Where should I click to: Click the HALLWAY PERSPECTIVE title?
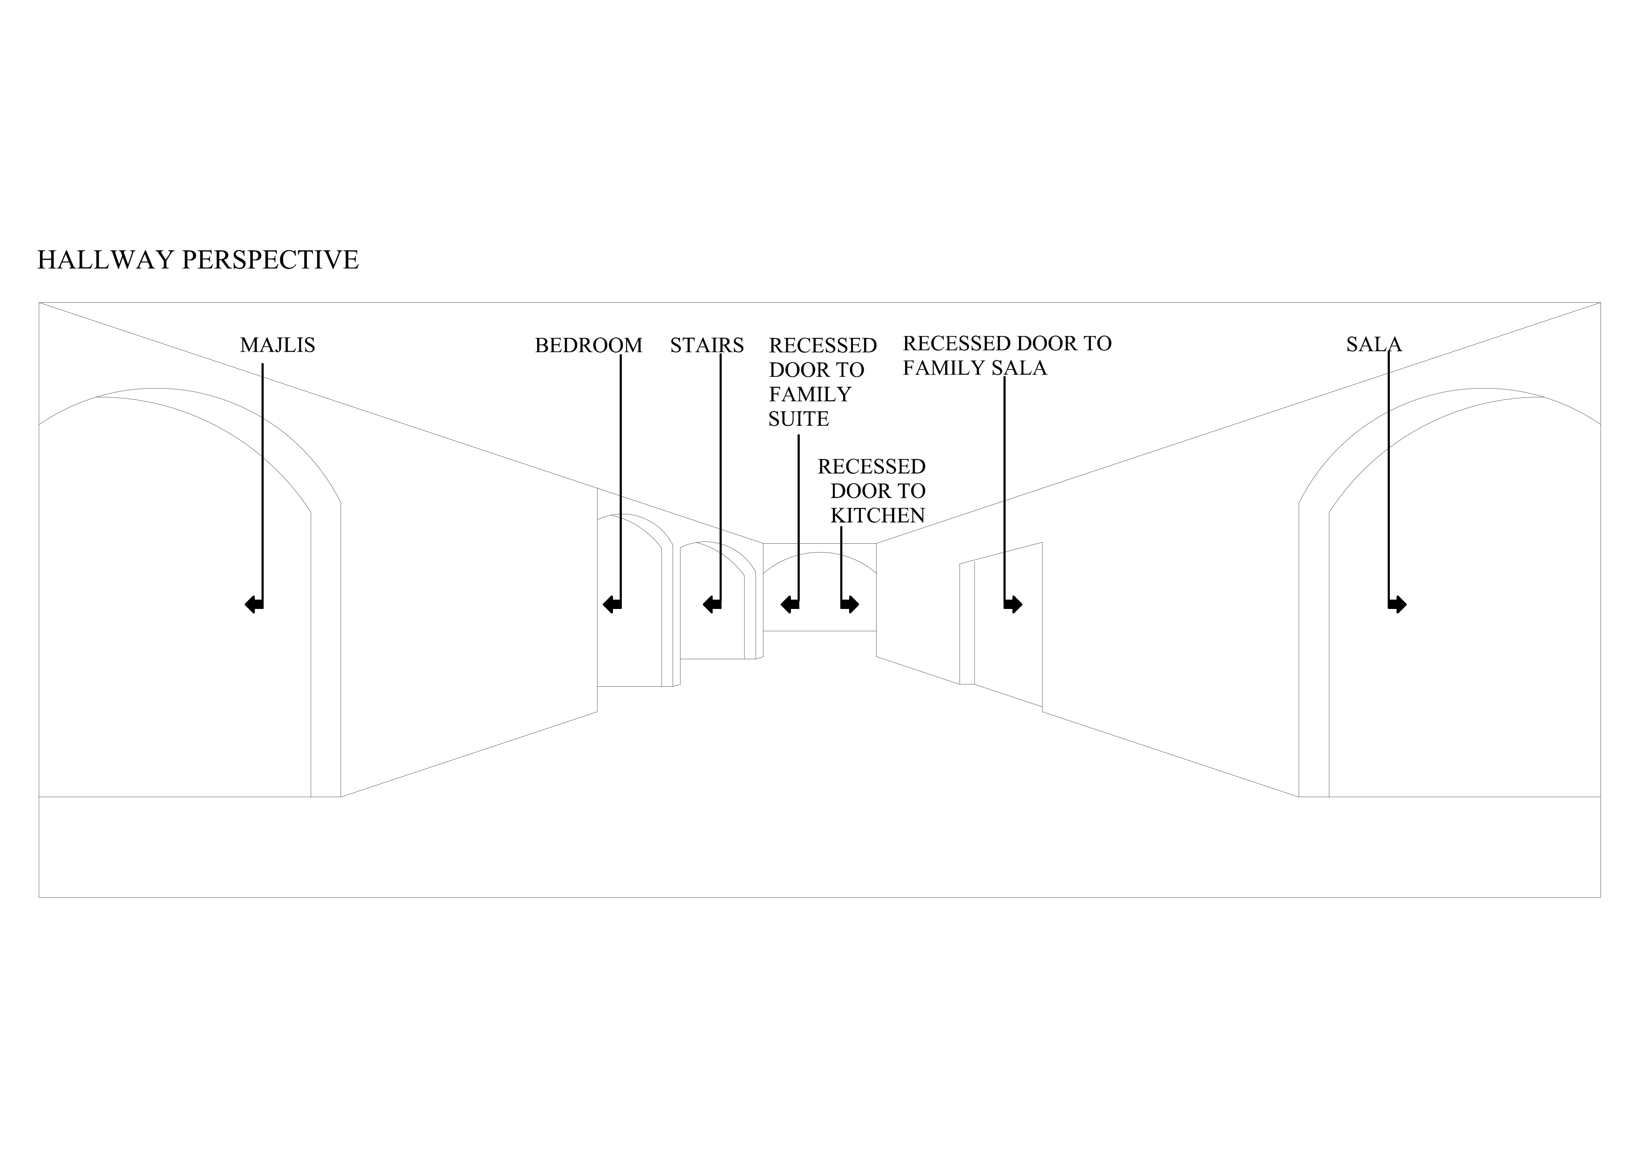click(x=198, y=260)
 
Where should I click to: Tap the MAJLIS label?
click(x=278, y=346)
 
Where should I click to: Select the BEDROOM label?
click(x=589, y=346)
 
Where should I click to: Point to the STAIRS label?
click(x=707, y=346)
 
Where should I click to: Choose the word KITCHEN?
click(x=878, y=516)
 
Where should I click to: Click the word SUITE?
click(x=798, y=420)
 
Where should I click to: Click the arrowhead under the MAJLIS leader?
click(x=252, y=605)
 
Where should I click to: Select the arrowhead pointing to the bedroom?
click(x=611, y=605)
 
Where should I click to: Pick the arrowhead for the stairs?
click(x=711, y=605)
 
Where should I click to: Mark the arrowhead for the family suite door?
click(x=789, y=605)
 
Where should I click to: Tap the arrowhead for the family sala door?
click(x=1014, y=605)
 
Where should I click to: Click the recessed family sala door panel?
click(x=1008, y=641)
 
